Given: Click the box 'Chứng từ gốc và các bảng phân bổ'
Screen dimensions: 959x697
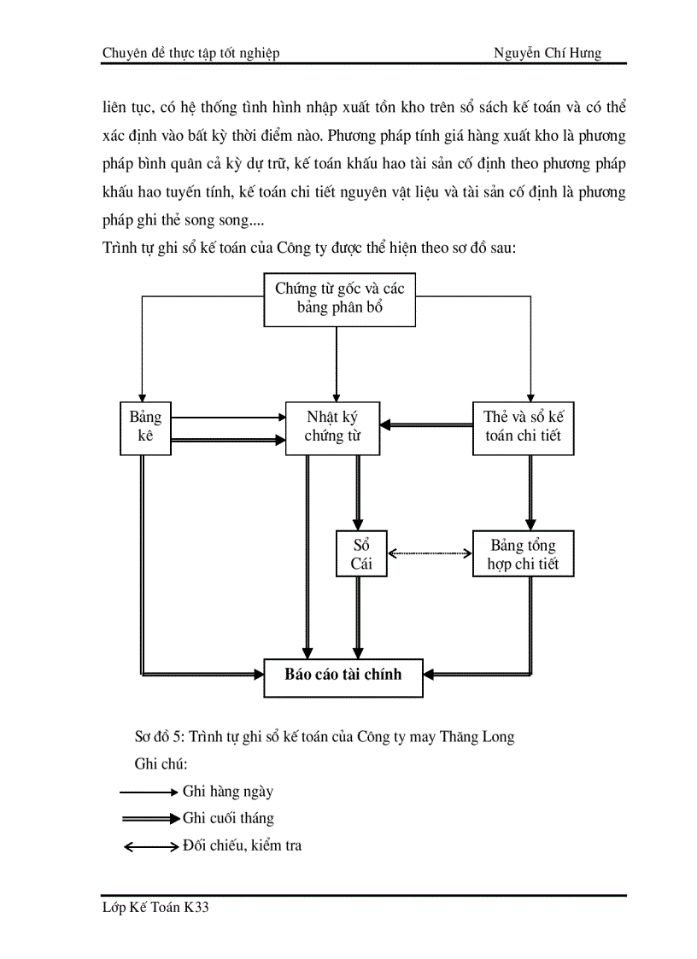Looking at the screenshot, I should click(339, 298).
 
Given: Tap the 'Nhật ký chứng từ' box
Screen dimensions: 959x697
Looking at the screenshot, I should click(331, 428).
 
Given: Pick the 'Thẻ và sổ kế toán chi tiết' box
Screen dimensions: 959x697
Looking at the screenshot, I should click(523, 428).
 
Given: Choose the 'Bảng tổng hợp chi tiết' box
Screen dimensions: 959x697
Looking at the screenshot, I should click(523, 553).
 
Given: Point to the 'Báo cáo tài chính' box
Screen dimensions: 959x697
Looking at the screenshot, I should click(343, 673).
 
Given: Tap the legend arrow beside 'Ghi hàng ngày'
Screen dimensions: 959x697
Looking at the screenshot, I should click(149, 792).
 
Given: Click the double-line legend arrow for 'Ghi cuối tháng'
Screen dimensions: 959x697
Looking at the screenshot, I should click(149, 818).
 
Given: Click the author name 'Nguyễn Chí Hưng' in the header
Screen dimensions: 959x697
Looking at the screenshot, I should click(547, 53).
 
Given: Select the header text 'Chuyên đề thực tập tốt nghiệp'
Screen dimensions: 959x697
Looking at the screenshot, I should click(190, 53).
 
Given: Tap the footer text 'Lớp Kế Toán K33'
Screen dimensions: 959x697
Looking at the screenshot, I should click(155, 909).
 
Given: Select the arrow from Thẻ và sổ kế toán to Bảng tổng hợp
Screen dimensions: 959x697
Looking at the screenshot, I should click(530, 492).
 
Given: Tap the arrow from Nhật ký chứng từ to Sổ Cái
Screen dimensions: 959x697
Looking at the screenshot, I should click(357, 492).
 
